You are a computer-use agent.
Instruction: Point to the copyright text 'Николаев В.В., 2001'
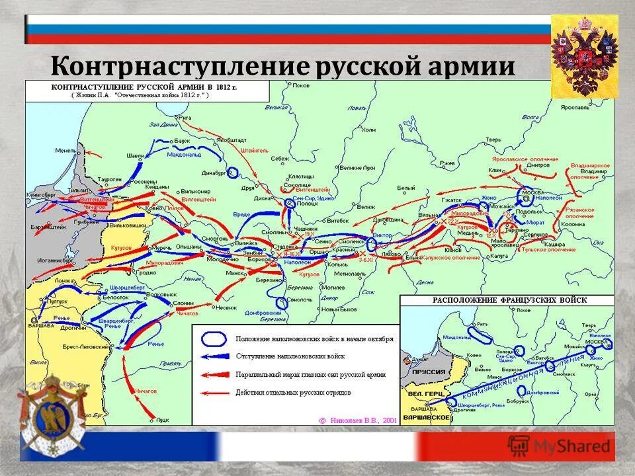tap(361, 419)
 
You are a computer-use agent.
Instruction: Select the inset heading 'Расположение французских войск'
tap(509, 300)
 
